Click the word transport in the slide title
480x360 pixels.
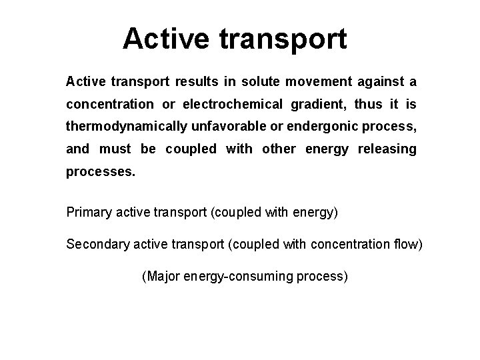click(283, 39)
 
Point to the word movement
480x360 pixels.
click(318, 82)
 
